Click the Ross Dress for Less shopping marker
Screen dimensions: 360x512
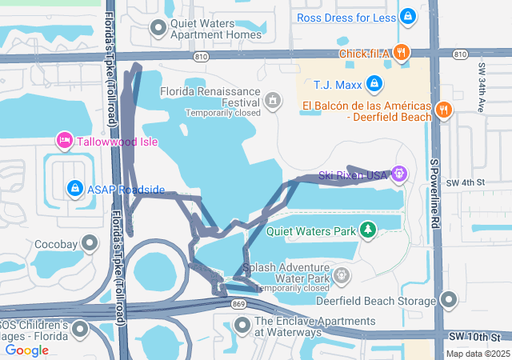click(x=408, y=16)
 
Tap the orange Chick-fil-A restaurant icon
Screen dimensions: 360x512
click(x=402, y=53)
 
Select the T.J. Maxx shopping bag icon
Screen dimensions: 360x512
click(x=374, y=83)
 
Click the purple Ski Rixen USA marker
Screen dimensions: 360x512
click(x=399, y=173)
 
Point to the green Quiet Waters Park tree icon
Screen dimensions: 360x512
click(x=367, y=230)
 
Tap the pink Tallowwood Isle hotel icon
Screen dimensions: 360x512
click(x=65, y=142)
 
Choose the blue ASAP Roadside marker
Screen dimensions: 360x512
click(x=74, y=188)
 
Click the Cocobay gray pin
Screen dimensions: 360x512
click(x=90, y=242)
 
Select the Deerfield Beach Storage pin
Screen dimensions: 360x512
click(x=449, y=300)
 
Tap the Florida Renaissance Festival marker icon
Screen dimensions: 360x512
click(x=273, y=101)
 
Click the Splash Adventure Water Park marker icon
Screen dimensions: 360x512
click(x=342, y=276)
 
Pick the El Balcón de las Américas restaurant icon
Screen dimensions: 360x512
click(x=444, y=110)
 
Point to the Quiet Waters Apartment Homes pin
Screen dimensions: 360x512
click(x=158, y=28)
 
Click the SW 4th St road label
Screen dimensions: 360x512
click(x=468, y=182)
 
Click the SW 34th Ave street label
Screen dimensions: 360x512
click(x=482, y=87)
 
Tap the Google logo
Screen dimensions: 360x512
click(x=27, y=350)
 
